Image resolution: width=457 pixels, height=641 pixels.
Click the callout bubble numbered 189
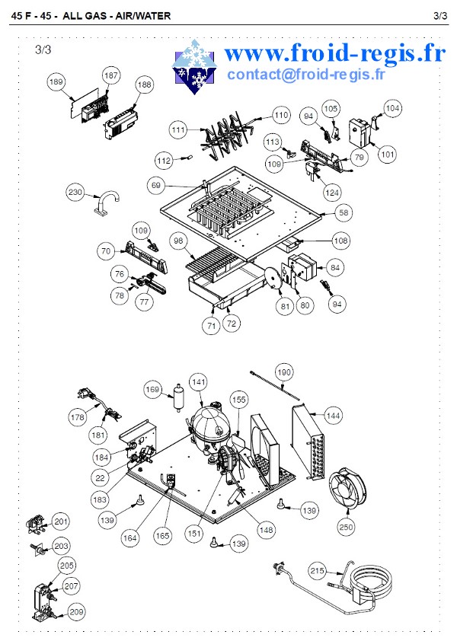(x=56, y=81)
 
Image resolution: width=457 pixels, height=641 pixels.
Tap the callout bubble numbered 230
(x=75, y=192)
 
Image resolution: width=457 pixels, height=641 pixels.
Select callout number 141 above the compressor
(x=199, y=382)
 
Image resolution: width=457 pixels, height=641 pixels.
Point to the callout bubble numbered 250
(x=346, y=527)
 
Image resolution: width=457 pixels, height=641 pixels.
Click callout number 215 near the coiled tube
(x=317, y=571)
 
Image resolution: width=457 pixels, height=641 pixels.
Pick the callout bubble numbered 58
(x=344, y=212)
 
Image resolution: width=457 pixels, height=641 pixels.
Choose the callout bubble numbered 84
(x=335, y=268)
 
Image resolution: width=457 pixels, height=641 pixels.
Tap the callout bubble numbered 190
(x=284, y=372)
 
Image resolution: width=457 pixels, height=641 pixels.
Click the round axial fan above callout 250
(x=347, y=489)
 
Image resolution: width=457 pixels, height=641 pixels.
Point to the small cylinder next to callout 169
(x=178, y=397)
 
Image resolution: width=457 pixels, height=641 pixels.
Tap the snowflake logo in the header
(x=193, y=67)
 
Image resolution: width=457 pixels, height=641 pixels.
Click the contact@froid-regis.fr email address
(x=306, y=75)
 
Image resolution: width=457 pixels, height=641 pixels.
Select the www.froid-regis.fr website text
(x=334, y=53)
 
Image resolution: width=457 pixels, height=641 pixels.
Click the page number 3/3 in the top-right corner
(x=440, y=16)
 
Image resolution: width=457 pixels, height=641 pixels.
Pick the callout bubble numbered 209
(x=76, y=612)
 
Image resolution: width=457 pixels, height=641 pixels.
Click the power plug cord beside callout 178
(x=98, y=404)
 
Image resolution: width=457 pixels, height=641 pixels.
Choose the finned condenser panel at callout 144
(x=311, y=442)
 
